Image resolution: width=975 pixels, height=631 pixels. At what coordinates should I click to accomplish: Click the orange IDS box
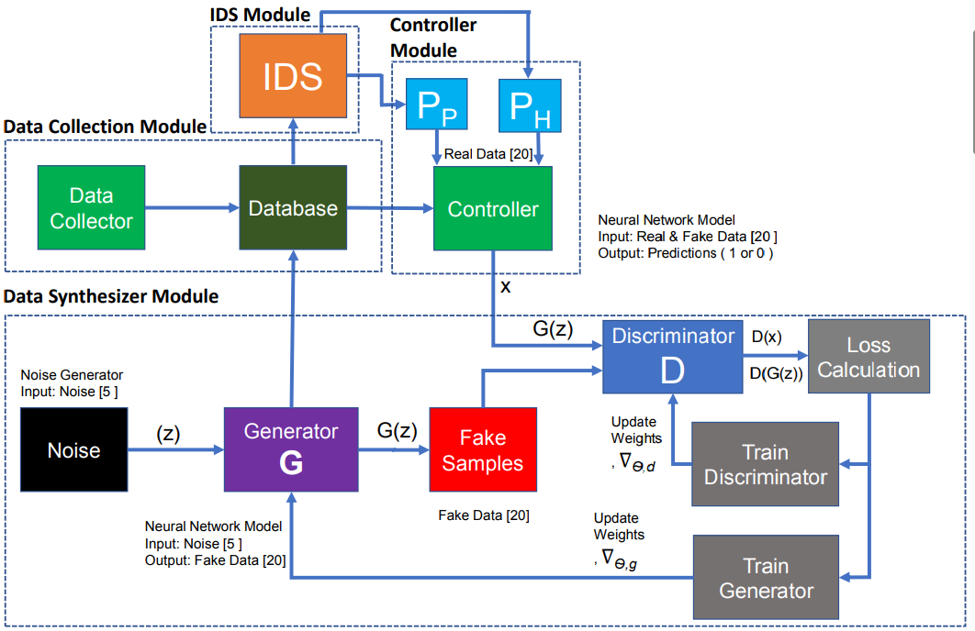(x=293, y=77)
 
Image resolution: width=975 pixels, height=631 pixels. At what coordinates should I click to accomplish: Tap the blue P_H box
(x=528, y=108)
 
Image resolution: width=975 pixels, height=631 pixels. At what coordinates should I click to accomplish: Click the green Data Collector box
(x=91, y=208)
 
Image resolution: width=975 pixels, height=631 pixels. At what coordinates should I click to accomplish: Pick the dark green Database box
(x=293, y=208)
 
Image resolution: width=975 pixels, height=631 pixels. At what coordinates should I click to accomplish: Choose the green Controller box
(x=493, y=208)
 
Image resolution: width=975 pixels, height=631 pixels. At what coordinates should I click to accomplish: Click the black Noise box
(x=73, y=449)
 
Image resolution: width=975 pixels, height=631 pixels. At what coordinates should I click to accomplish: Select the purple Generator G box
(x=290, y=449)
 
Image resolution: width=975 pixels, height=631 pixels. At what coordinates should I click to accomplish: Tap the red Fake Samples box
(x=482, y=449)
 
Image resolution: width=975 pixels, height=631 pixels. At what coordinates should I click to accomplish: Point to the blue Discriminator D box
(x=674, y=358)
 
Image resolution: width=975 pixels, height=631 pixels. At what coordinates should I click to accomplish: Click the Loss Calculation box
(x=869, y=358)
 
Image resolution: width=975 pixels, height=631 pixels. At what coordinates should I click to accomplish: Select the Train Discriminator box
(x=765, y=464)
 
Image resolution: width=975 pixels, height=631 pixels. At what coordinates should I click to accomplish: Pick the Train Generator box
(x=765, y=578)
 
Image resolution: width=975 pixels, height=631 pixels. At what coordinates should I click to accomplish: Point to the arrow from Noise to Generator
(x=174, y=450)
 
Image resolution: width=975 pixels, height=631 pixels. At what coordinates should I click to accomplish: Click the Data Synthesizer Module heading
(x=111, y=296)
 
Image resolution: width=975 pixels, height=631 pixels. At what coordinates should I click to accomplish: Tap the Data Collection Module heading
(x=105, y=126)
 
